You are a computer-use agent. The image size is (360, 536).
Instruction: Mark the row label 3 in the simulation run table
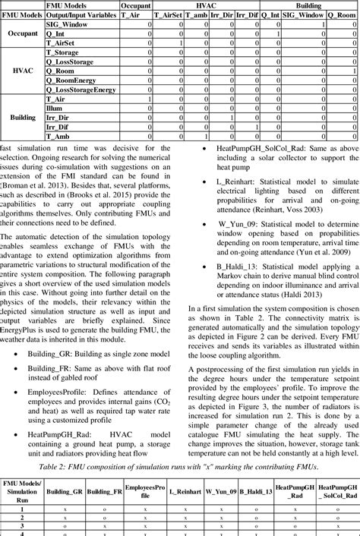(22, 525)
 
